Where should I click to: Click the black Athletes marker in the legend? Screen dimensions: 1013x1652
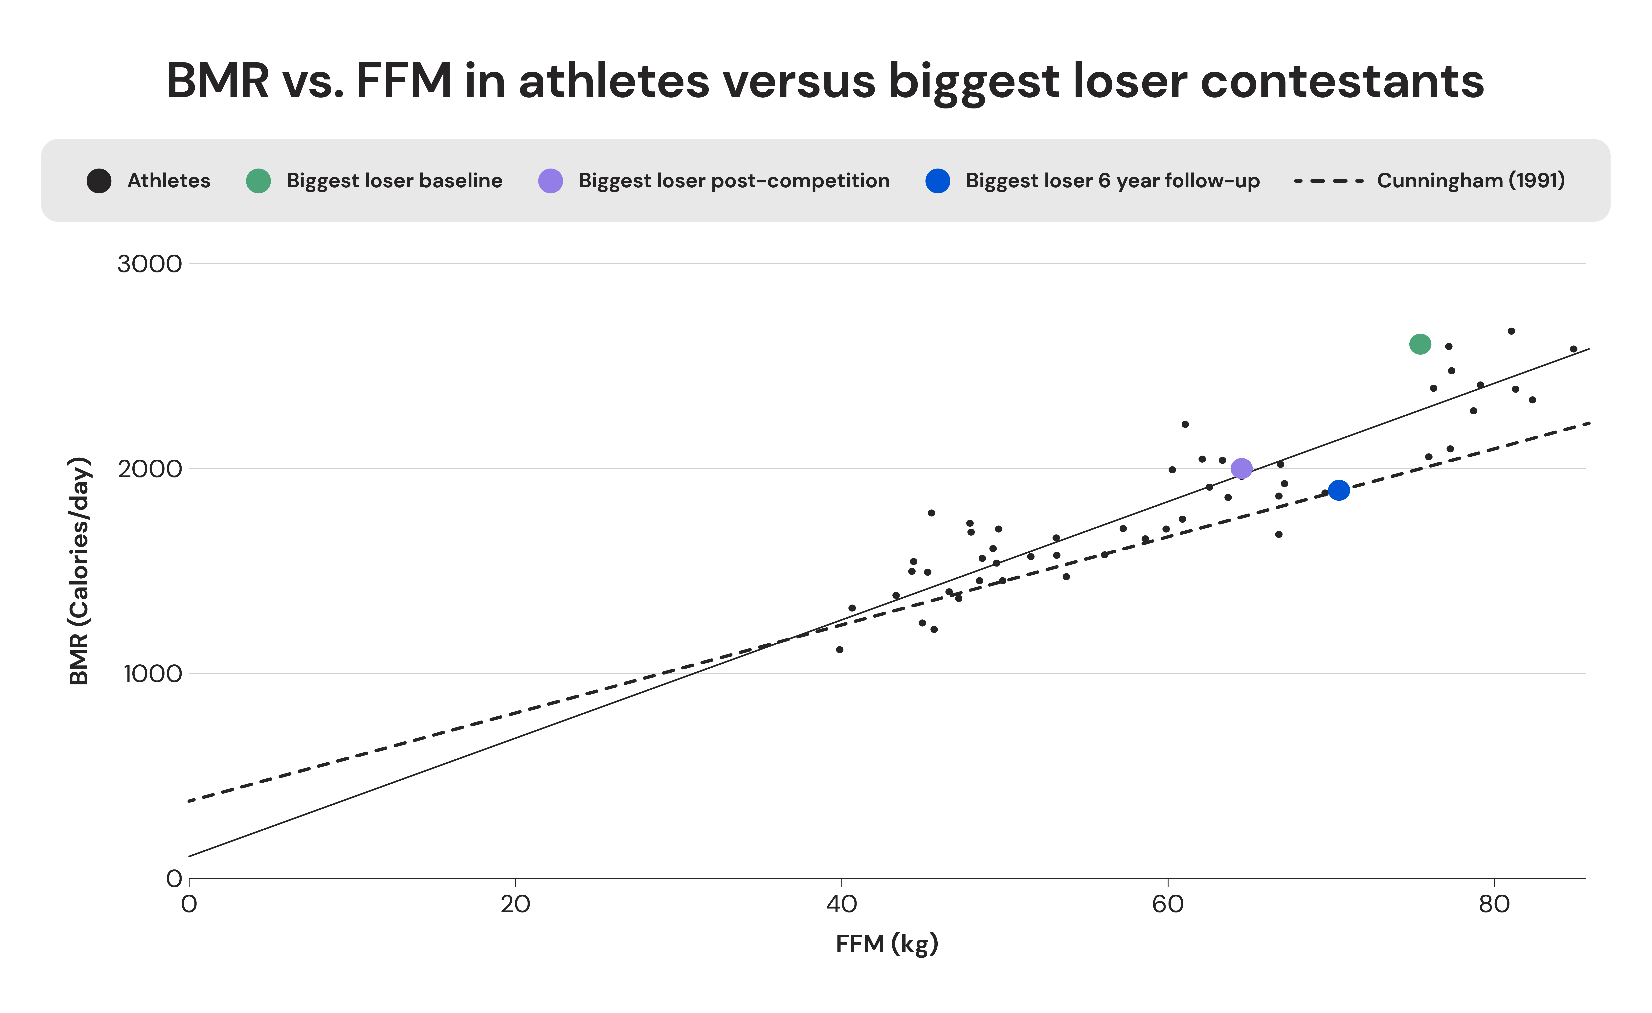[x=99, y=181]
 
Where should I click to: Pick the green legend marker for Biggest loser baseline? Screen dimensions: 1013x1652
[x=258, y=181]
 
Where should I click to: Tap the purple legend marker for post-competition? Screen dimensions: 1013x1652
[x=550, y=181]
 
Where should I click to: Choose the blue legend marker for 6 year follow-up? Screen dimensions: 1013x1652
[x=937, y=181]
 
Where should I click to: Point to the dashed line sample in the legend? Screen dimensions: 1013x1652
[x=1328, y=181]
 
